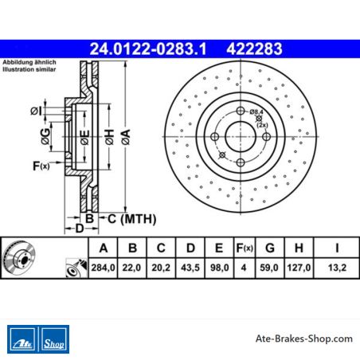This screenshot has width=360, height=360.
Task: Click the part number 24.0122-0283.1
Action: coord(148,49)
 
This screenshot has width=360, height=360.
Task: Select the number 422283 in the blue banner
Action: coord(254,49)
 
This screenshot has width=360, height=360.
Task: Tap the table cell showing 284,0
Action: coord(103,268)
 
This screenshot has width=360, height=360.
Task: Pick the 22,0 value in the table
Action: coord(131,268)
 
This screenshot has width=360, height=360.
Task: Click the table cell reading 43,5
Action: coord(190,268)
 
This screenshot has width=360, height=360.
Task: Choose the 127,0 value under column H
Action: coord(299,268)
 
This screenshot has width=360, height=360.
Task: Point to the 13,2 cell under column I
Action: coord(337,268)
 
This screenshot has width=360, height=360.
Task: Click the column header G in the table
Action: coord(270,248)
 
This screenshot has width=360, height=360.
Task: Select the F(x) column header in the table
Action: coord(245,248)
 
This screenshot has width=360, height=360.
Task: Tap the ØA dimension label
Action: coord(126,137)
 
